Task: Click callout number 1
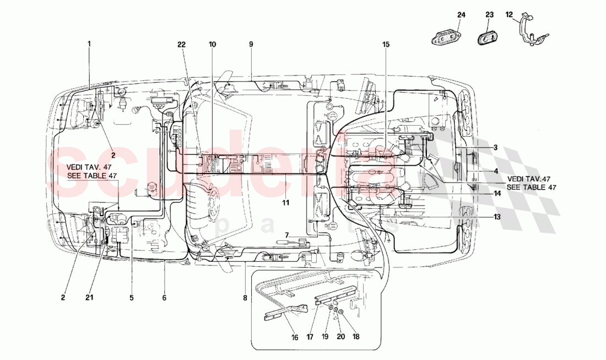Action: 88,42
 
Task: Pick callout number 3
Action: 495,147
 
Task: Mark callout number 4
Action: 495,171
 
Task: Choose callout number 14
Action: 497,194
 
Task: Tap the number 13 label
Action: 497,217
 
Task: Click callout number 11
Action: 286,203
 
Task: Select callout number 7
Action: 286,235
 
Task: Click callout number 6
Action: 164,298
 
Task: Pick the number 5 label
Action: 132,298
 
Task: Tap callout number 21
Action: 89,298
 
